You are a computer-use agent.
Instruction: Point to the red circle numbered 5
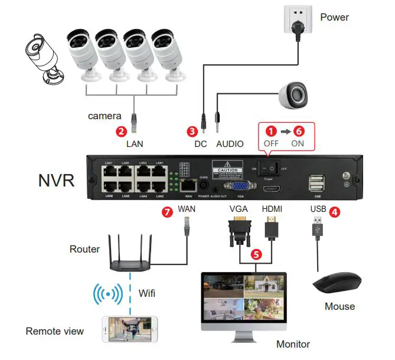pos(255,254)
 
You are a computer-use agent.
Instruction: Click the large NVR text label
pos(56,179)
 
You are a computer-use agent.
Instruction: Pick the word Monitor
pos(293,344)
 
